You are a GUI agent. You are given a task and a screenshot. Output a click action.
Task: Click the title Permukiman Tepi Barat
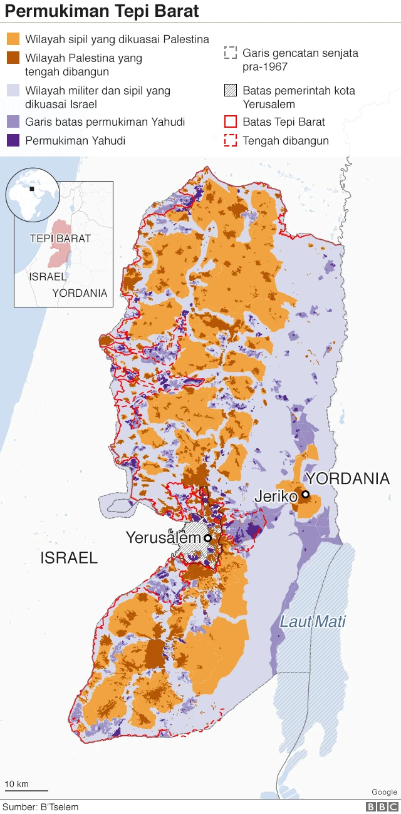coord(103,11)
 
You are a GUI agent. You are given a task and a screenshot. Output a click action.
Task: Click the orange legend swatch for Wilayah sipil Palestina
coord(13,39)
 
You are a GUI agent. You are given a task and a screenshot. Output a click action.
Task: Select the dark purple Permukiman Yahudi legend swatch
coord(13,140)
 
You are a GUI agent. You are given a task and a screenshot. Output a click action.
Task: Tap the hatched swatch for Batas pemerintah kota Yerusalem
coord(231,91)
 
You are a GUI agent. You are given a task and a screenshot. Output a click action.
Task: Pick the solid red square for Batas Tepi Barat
coord(231,122)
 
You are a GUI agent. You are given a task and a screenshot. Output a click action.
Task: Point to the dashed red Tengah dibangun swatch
coord(231,140)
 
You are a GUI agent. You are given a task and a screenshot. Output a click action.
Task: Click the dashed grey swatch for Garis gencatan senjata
coord(231,53)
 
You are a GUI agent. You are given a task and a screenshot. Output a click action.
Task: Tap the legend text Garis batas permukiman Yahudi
coord(105,122)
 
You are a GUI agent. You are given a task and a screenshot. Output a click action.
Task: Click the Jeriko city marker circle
coord(305,495)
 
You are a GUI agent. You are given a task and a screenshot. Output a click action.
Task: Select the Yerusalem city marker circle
coord(207,538)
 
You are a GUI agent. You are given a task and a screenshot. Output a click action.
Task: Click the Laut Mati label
coord(313,622)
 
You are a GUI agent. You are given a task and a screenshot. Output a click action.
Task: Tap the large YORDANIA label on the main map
coord(348,479)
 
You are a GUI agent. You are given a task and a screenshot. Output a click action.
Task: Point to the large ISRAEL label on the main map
coord(69,558)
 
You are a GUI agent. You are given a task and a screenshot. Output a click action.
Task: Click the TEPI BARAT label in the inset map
coord(60,239)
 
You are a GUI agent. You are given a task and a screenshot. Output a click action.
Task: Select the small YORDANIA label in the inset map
coord(80,293)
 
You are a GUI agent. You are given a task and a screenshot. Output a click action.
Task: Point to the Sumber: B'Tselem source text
coord(41,807)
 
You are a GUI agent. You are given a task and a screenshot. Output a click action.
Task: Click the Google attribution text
coord(384,792)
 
